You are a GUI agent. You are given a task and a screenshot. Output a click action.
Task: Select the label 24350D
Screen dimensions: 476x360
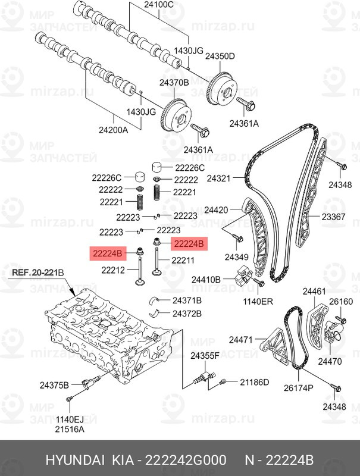coord(220,56)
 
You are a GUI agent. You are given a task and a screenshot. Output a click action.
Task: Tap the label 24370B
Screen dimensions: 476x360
coord(174,83)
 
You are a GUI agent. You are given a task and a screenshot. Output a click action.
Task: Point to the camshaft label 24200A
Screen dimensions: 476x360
coord(113,129)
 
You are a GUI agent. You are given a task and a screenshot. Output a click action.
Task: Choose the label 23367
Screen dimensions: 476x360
coord(333,217)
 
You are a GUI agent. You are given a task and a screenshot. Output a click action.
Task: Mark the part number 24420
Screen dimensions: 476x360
coord(217,210)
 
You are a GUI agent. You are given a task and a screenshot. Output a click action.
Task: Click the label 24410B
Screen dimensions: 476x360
coord(206,278)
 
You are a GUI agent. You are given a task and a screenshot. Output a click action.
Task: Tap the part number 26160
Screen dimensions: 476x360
coord(342,302)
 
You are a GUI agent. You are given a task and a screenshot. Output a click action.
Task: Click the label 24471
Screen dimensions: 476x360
coord(242,340)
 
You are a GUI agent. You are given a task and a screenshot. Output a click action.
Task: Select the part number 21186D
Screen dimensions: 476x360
coord(255,381)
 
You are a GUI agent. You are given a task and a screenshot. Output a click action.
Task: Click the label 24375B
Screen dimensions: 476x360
coord(55,384)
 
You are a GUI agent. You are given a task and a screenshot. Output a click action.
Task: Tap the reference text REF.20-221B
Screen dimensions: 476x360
coord(37,273)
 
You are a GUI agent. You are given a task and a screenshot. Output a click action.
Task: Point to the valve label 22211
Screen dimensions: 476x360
coord(183,260)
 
